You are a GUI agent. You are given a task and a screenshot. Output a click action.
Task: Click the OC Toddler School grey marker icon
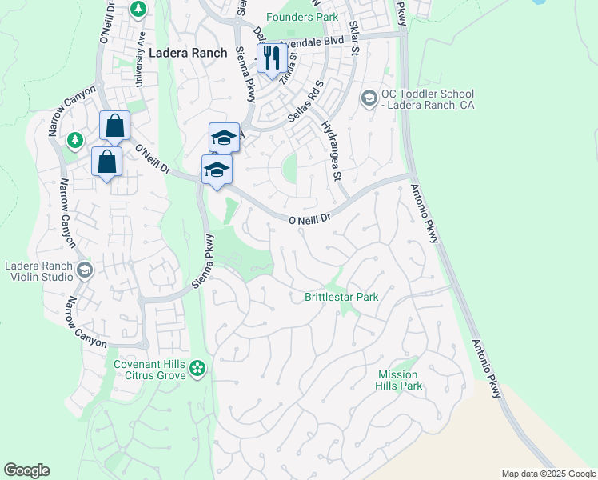[369, 98]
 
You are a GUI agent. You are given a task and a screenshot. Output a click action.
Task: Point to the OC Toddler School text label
[428, 99]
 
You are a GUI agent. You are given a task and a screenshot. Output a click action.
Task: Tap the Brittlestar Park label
[341, 297]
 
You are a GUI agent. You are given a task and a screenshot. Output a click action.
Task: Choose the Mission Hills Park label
[398, 380]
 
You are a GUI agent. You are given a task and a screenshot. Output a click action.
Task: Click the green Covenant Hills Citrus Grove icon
[197, 369]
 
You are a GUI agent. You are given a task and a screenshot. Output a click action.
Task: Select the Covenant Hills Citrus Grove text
[149, 370]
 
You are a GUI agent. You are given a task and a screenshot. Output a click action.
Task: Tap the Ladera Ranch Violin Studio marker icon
[84, 270]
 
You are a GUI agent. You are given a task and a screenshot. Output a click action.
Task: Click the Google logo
[26, 470]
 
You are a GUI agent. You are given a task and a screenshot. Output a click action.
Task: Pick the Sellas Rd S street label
[308, 104]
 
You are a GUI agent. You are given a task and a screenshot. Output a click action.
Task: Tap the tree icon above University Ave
[139, 8]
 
